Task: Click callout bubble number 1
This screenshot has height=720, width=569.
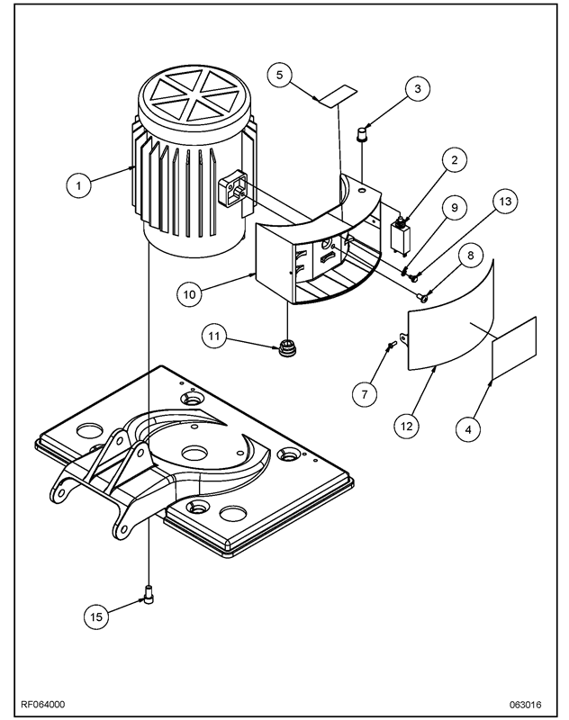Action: point(78,185)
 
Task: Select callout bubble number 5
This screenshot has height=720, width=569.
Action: point(280,75)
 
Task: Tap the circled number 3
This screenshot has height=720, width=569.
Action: point(418,88)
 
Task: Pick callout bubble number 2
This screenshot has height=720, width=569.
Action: point(454,160)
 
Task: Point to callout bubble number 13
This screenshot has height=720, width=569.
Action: point(505,201)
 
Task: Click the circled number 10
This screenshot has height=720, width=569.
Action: point(190,294)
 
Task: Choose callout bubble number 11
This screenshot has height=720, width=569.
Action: point(214,336)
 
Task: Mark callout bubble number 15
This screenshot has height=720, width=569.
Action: point(96,616)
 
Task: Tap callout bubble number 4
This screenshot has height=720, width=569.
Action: point(468,429)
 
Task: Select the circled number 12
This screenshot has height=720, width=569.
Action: point(407,426)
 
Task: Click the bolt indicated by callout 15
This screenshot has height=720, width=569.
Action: point(149,595)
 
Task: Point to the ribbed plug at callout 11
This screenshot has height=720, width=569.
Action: point(287,348)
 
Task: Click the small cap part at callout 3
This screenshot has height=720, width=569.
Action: point(362,134)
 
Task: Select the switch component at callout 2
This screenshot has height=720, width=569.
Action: point(400,234)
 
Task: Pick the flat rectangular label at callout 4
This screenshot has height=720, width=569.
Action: point(514,348)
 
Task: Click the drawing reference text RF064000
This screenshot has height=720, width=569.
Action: point(42,704)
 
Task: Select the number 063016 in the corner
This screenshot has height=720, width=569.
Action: point(525,705)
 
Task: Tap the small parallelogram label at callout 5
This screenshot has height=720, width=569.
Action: point(338,95)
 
